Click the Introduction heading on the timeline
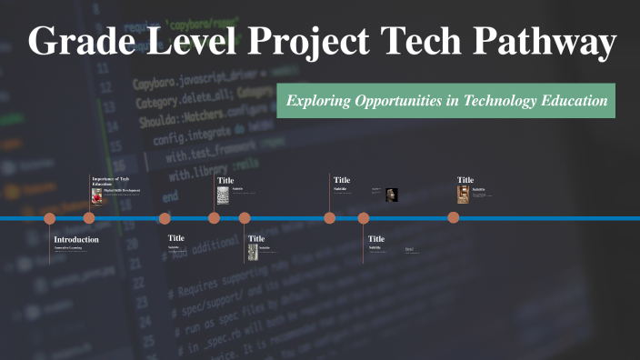coord(76,239)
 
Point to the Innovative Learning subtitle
coord(68,247)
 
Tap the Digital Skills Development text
coord(119,190)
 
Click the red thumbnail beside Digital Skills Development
coord(96,195)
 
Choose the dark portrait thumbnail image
coord(392,194)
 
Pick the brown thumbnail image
coord(463,194)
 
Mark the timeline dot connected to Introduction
coord(50,218)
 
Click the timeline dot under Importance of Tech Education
coord(89,218)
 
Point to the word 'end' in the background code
coord(170,196)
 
